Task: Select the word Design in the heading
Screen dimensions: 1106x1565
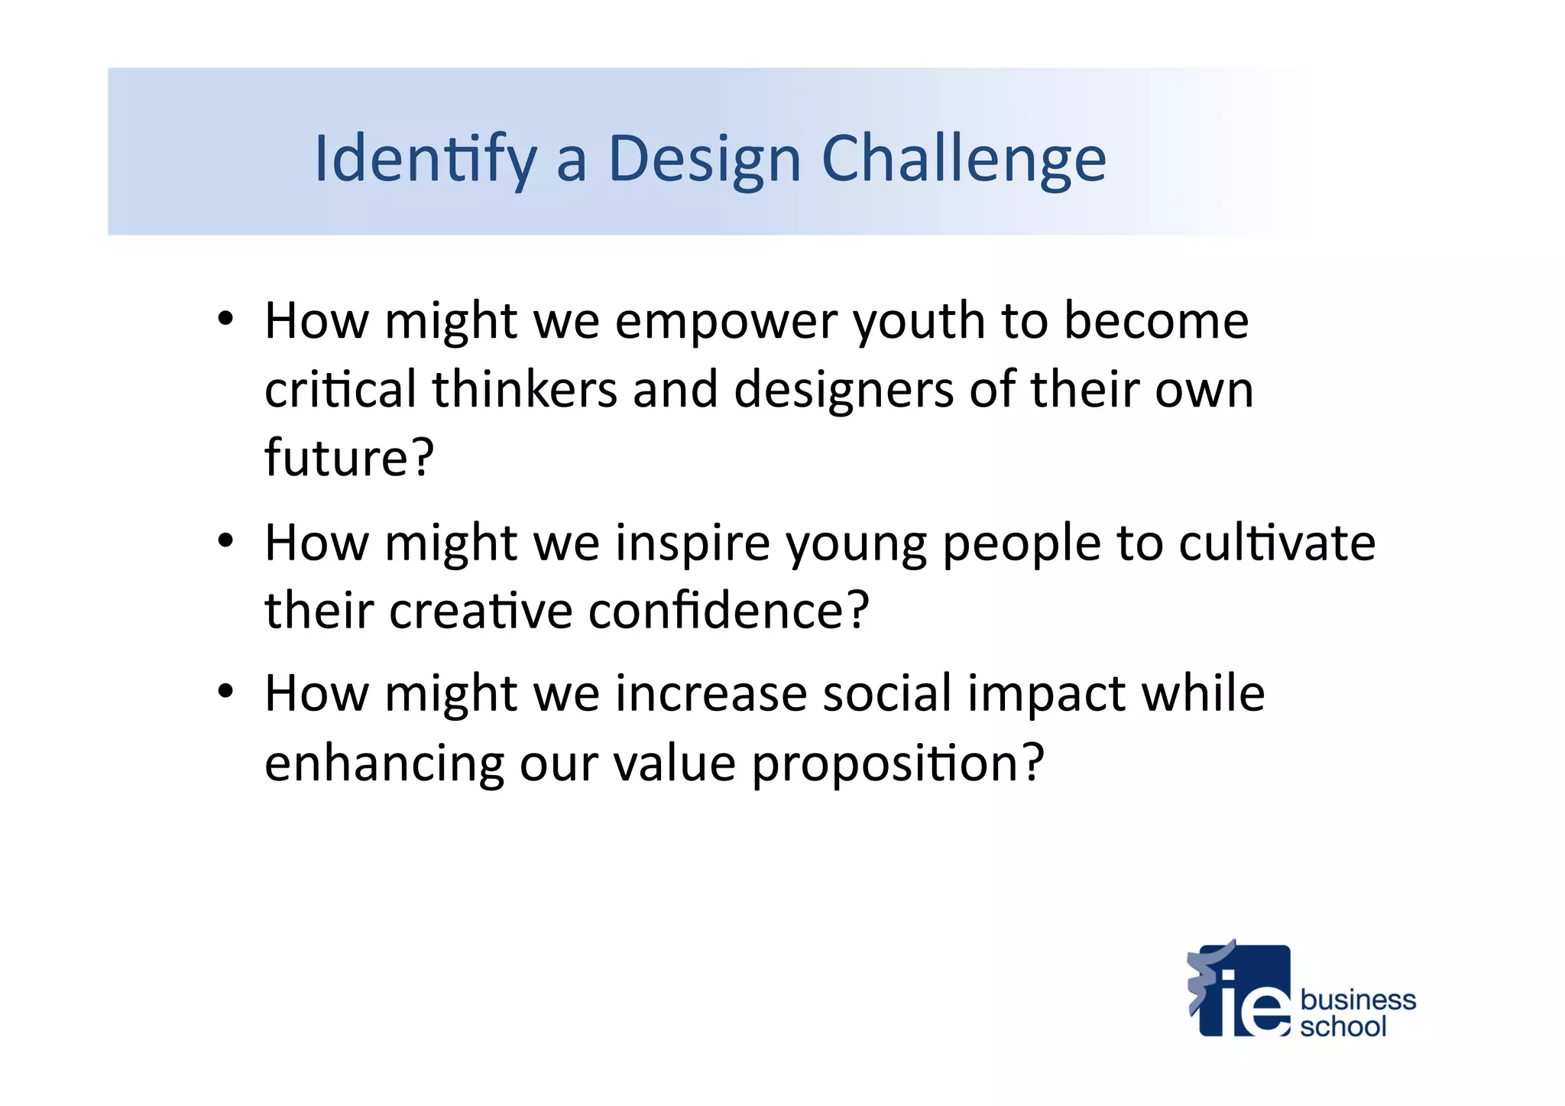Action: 704,159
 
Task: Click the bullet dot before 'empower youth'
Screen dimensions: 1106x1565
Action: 225,319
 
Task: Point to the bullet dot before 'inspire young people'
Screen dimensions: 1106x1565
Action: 225,541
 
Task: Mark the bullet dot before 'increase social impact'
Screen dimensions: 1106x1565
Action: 225,692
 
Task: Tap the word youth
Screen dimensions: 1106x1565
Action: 919,321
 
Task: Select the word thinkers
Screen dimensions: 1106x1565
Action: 524,389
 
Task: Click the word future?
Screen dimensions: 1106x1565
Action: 349,457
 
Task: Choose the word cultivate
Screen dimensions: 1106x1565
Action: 1276,543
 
